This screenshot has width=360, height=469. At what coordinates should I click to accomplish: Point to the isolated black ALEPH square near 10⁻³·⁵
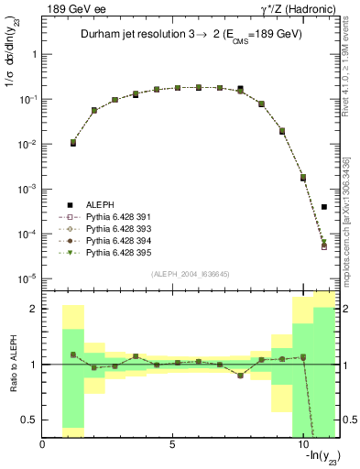(324, 207)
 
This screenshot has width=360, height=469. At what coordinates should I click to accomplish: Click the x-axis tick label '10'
(302, 445)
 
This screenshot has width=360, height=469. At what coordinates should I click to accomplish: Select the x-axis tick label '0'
(43, 445)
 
